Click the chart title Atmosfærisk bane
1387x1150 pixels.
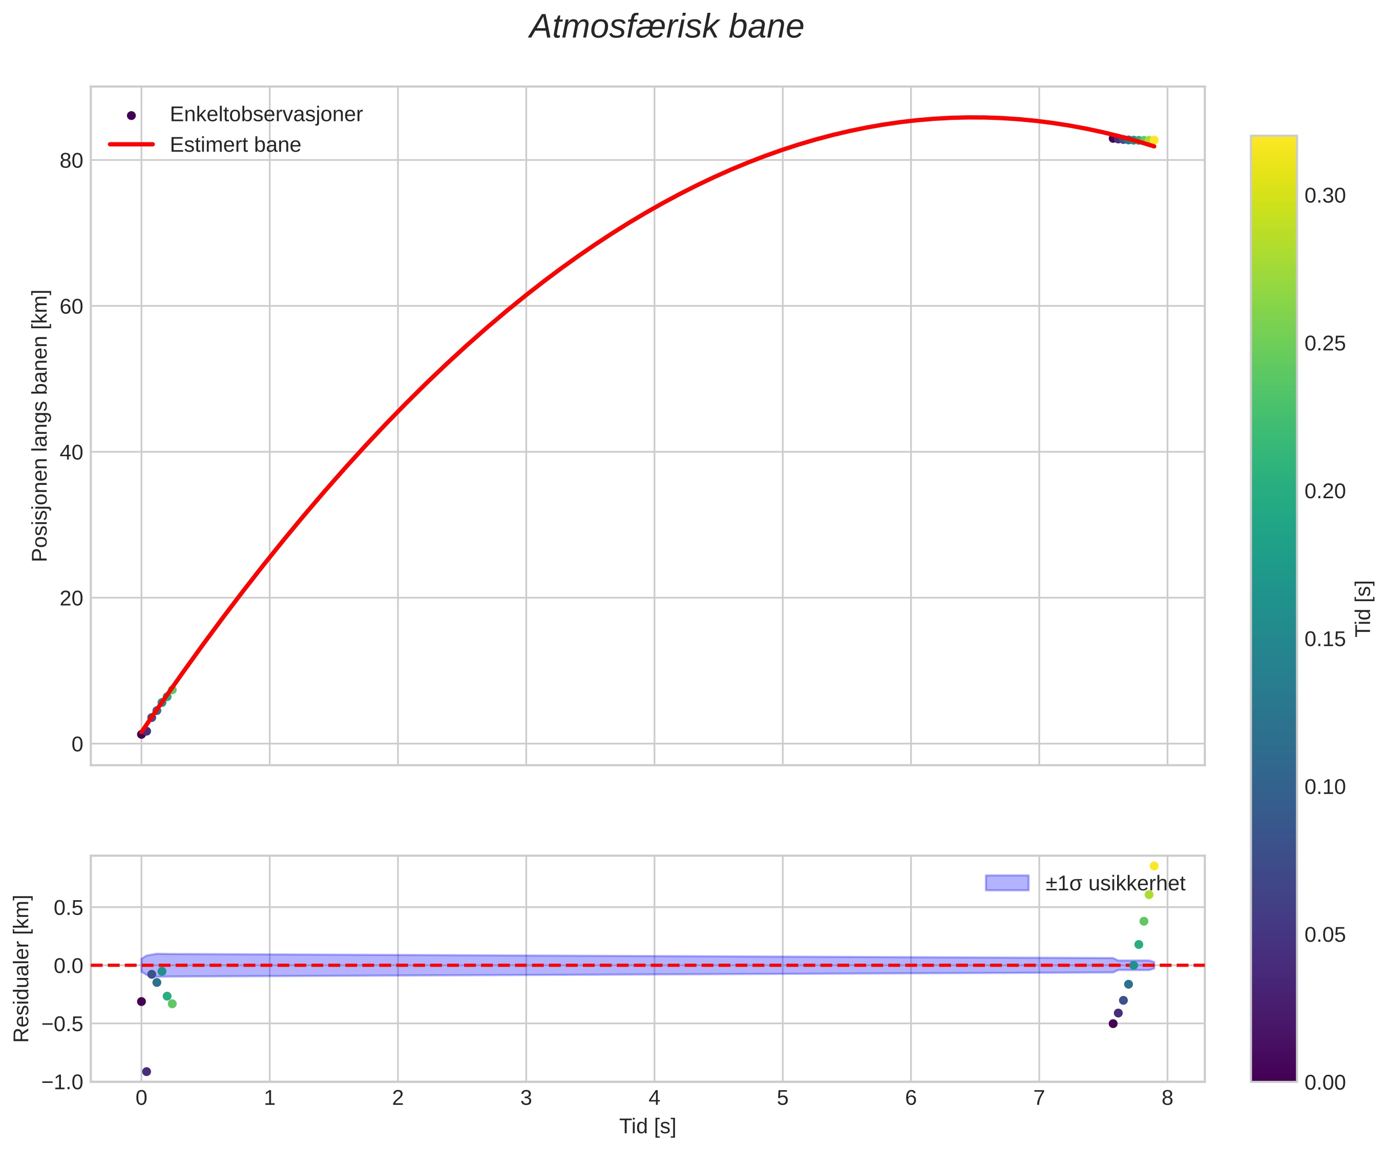(666, 28)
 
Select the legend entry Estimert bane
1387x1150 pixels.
(235, 144)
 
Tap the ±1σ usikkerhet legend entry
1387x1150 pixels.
(1115, 883)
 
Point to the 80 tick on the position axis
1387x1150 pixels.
(71, 160)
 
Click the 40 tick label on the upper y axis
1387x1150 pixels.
(71, 452)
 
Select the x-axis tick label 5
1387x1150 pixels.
(783, 1098)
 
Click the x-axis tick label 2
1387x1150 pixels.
(397, 1098)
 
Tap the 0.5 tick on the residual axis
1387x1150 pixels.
(69, 908)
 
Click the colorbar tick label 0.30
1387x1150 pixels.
(1325, 196)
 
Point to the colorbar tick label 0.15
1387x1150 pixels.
(1325, 639)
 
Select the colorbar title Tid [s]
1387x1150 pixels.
(1363, 607)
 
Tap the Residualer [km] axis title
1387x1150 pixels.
(22, 968)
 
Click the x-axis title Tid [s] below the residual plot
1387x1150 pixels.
(647, 1126)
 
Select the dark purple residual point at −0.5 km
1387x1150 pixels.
(1113, 1023)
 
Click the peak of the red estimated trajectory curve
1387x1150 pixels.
(974, 117)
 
